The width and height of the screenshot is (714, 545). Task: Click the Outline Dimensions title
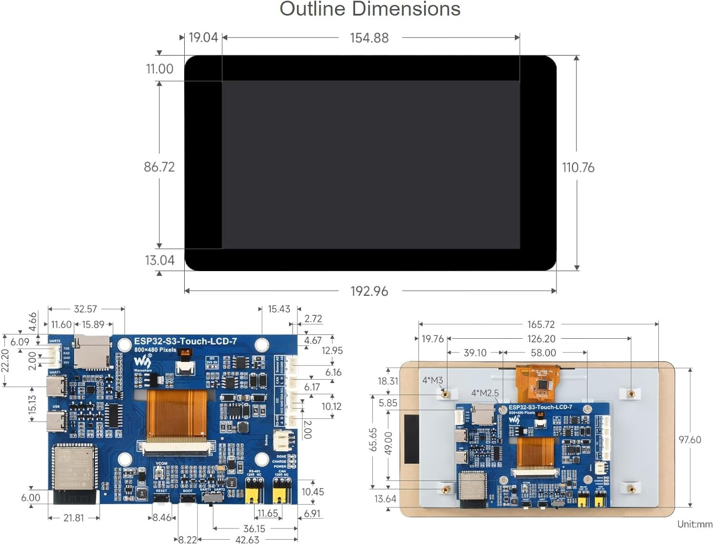coord(370,10)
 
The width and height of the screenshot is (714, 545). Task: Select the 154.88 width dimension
coord(369,38)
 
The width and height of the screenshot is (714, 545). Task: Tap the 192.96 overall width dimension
coord(369,291)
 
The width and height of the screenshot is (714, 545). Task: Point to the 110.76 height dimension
coord(578,168)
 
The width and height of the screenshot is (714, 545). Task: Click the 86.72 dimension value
coord(159,167)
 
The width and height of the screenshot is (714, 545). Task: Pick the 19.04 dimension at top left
coord(203,38)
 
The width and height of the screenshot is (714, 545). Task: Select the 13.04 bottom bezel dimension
coord(159,261)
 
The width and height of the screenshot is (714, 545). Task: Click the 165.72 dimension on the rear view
coord(541,324)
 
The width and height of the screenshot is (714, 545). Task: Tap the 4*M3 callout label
coord(432,380)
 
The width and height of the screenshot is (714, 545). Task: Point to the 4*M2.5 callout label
coord(485,393)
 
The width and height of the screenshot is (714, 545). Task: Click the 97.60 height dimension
coord(689,440)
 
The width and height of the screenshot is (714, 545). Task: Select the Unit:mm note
coord(694,525)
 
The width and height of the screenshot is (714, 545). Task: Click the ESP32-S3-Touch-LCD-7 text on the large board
coord(185,341)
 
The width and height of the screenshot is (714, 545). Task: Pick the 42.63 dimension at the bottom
coord(247,540)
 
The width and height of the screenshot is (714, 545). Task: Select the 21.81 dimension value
coord(73,518)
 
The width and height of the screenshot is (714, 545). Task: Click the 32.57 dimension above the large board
coord(85,309)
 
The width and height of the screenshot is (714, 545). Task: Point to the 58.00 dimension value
coord(543,353)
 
